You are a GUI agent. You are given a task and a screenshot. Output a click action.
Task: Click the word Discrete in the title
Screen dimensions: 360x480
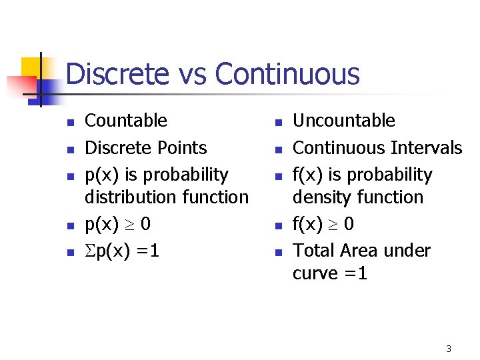pos(117,74)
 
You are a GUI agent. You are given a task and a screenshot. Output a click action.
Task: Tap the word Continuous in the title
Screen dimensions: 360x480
pos(287,74)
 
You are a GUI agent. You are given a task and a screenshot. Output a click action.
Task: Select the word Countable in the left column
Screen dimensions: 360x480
pos(126,121)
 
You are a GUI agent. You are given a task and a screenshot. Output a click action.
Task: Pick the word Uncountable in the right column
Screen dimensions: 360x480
pos(344,121)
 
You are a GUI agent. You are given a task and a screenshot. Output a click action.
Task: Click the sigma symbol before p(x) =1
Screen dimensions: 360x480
pos(90,251)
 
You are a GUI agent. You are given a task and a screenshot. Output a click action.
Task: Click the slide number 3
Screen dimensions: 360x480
pos(449,349)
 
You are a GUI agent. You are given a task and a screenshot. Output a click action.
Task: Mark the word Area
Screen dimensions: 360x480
pos(361,251)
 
